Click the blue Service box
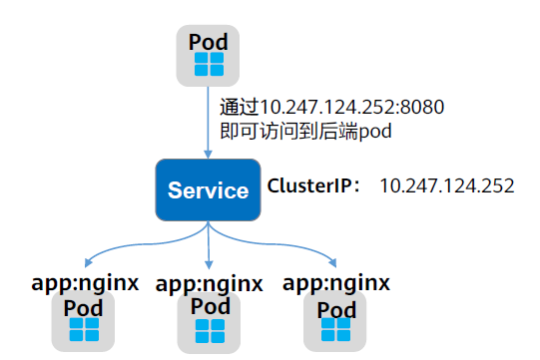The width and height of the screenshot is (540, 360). coord(207,189)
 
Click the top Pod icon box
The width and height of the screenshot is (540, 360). coord(209,55)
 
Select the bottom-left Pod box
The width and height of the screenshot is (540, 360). coord(83,318)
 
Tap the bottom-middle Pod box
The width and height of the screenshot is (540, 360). coord(210,319)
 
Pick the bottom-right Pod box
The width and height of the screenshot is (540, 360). coord(335,319)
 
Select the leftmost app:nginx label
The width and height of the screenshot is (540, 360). coord(83,282)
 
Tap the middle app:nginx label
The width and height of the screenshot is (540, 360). coord(210,283)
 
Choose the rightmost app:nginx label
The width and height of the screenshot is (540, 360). coord(336,282)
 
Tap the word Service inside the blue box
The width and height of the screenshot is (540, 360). coord(207,190)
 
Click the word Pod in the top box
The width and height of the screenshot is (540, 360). coord(209,42)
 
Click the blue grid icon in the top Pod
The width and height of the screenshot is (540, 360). coord(209,66)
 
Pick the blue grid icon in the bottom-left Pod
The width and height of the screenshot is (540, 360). coord(83,330)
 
